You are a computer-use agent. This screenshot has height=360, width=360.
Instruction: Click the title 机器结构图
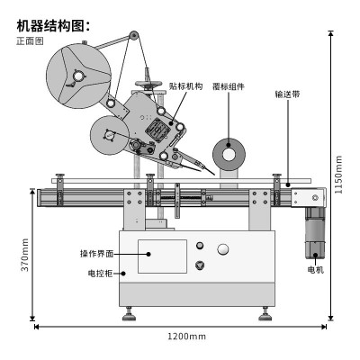pos(50,26)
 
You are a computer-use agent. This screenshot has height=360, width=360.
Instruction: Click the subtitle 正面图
pos(30,40)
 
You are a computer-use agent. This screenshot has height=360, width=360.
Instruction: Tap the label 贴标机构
pos(185,86)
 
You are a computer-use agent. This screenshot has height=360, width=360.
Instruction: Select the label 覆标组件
pos(229,86)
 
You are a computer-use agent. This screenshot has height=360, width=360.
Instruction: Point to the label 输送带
pos(287,94)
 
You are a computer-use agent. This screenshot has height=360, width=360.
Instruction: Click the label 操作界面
pos(97,254)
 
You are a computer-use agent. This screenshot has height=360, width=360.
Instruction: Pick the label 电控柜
pos(101,274)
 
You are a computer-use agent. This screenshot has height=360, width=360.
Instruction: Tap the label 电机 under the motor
pos(316,270)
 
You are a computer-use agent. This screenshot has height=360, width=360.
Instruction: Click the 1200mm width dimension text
pos(186,337)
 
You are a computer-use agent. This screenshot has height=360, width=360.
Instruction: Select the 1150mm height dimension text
pos(338,175)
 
